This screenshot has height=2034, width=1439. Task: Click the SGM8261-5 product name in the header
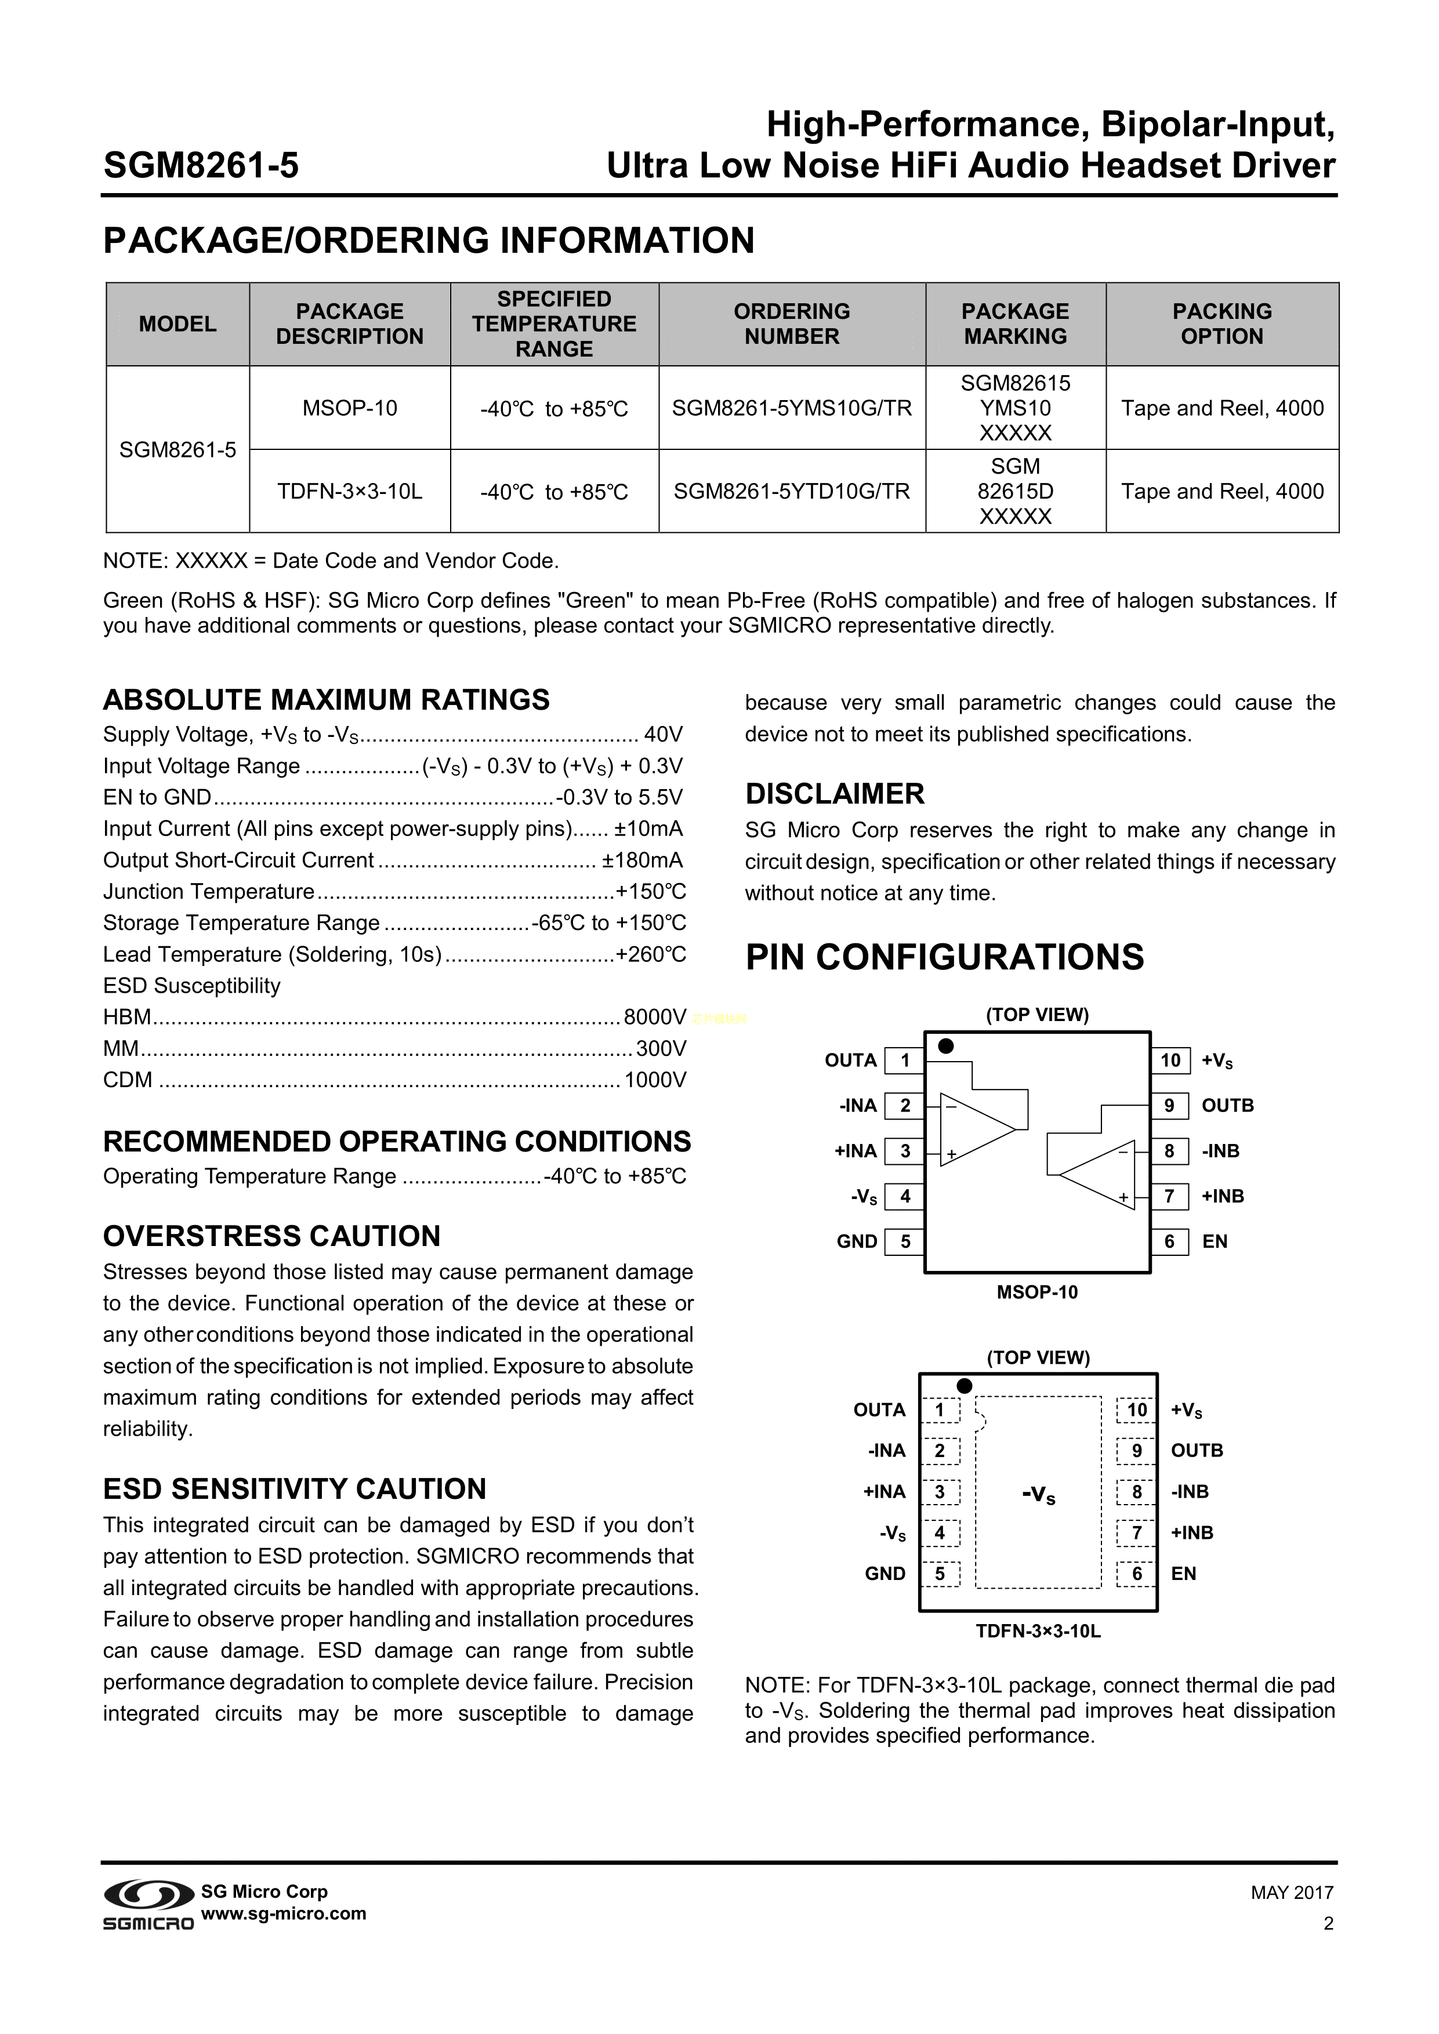click(x=201, y=166)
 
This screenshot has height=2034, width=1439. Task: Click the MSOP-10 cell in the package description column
click(x=350, y=408)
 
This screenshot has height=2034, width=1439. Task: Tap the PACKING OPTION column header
click(x=1222, y=324)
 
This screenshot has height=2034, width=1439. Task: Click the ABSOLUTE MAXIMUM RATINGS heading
click(x=326, y=700)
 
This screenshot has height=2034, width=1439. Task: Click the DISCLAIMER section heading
click(x=835, y=794)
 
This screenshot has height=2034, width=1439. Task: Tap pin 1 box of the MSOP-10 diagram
click(x=905, y=1060)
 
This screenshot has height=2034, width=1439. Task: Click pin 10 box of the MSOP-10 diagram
click(x=1170, y=1060)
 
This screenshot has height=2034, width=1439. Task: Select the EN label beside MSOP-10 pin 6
click(x=1215, y=1242)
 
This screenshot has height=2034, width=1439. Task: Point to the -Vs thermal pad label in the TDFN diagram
click(x=1038, y=1497)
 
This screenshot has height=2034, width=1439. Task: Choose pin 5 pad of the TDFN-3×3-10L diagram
click(x=940, y=1574)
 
